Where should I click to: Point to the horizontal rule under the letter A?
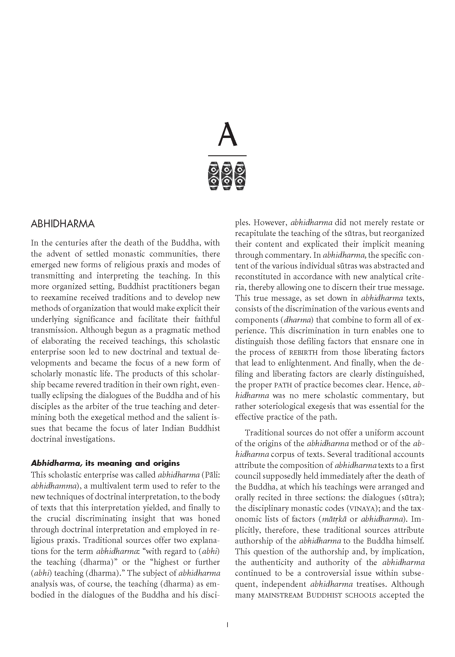[x=227, y=156]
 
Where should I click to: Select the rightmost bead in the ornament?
[x=240, y=176]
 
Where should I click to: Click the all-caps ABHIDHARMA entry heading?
[x=63, y=224]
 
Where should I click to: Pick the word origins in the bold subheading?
[x=165, y=463]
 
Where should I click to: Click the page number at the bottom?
[x=227, y=624]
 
